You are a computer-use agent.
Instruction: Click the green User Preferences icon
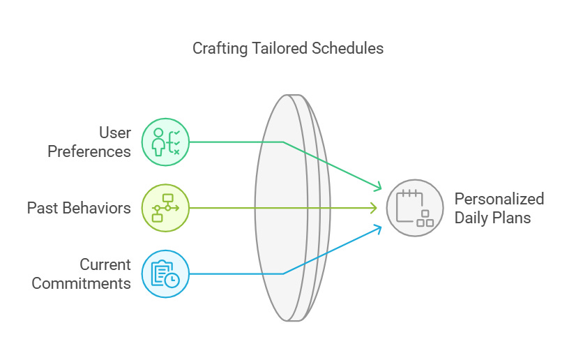(x=165, y=142)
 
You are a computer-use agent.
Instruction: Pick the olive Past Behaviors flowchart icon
(x=165, y=208)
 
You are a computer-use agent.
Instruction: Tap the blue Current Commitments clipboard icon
(x=165, y=273)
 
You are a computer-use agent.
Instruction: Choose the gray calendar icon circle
(x=415, y=208)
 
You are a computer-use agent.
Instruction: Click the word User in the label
(x=114, y=133)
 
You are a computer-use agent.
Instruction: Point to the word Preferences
(x=89, y=151)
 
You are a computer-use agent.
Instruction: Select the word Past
(x=42, y=208)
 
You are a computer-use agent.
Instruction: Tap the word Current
(x=105, y=264)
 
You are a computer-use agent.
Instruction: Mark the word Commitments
(x=82, y=283)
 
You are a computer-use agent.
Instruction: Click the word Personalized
(x=499, y=199)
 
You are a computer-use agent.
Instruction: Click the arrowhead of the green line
(x=379, y=187)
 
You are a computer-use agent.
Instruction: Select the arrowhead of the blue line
(x=379, y=227)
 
